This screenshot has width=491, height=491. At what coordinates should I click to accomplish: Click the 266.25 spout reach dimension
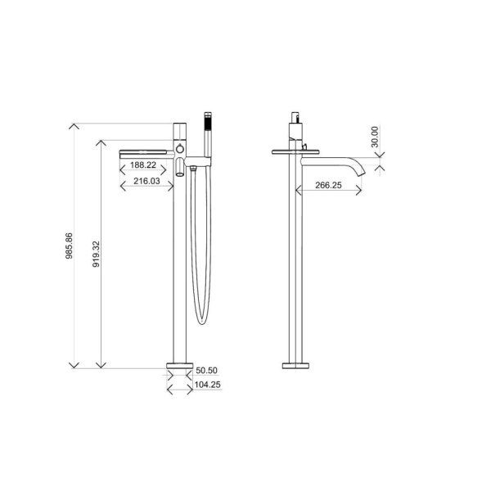pos(327,186)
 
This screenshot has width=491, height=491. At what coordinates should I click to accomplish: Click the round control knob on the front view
pos(178,149)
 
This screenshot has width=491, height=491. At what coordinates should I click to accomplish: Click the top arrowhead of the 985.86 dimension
pos(74,124)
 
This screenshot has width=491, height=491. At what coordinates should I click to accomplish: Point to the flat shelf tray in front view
pos(146,151)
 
